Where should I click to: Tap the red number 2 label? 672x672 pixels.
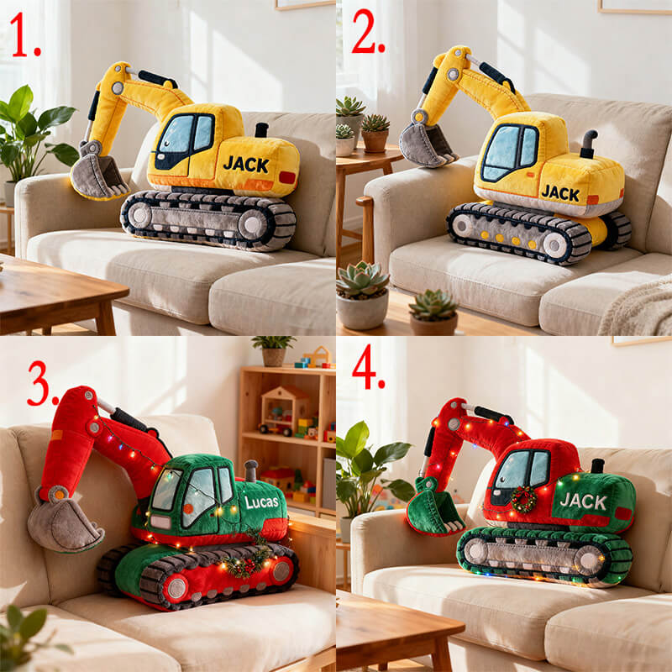367,34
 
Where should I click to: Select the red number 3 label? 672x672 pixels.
43,384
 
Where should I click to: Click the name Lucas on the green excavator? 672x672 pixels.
261,501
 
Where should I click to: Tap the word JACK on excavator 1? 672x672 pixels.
246,163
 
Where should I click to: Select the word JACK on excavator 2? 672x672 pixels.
559,192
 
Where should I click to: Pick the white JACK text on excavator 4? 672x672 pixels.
583,501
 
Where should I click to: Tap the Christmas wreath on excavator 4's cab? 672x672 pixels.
523,499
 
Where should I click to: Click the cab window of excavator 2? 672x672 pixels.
511,152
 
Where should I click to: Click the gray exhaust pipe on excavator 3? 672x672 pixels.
250,470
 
